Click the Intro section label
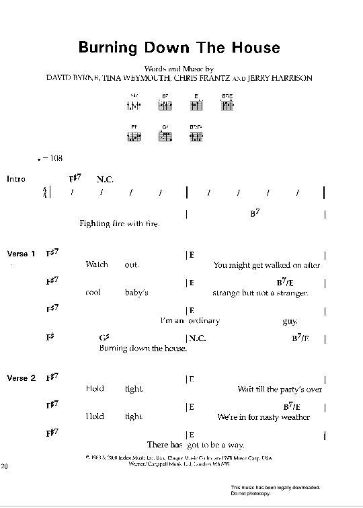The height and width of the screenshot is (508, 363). point(15,179)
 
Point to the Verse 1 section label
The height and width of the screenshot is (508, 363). point(21,254)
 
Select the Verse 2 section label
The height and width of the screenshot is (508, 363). point(21,378)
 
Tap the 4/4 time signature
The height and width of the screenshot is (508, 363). point(45,193)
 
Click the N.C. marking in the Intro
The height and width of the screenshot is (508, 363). point(106,179)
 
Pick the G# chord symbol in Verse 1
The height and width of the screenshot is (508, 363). point(104,337)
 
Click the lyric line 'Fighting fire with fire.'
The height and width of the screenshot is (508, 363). point(119,223)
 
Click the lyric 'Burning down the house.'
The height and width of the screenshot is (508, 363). point(143,349)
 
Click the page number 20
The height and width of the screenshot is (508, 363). point(6,466)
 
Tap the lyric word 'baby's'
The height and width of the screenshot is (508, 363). point(136,293)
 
